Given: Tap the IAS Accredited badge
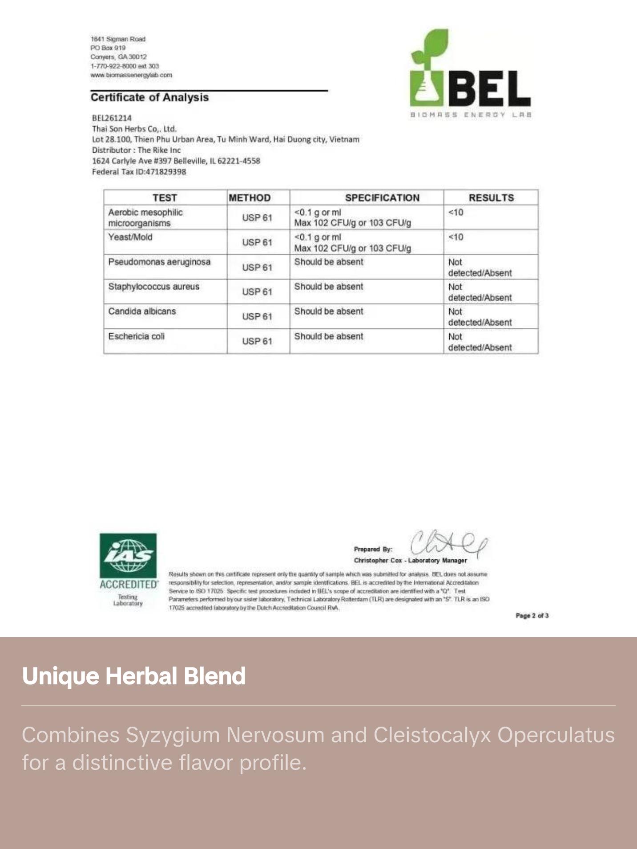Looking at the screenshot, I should pyautogui.click(x=128, y=569).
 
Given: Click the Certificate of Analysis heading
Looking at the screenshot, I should pyautogui.click(x=149, y=97).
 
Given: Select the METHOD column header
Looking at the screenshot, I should pyautogui.click(x=250, y=198).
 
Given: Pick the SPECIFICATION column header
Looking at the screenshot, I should pyautogui.click(x=382, y=198).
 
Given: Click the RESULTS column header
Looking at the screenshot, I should pyautogui.click(x=491, y=198).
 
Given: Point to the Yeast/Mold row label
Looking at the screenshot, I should pyautogui.click(x=130, y=237).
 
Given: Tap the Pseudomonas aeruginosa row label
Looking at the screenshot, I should pyautogui.click(x=159, y=262).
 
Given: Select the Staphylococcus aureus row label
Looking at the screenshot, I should pyautogui.click(x=153, y=287).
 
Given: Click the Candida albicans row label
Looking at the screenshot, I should pyautogui.click(x=142, y=311).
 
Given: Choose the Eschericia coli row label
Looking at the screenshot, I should pyautogui.click(x=136, y=336).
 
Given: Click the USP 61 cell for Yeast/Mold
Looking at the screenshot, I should pyautogui.click(x=257, y=243).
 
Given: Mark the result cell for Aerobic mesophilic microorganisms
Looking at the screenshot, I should pyautogui.click(x=456, y=212).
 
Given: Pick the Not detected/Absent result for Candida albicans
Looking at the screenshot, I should pyautogui.click(x=480, y=317).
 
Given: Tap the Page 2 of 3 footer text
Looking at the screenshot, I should pyautogui.click(x=532, y=616).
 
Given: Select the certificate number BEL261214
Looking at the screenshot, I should pyautogui.click(x=112, y=118).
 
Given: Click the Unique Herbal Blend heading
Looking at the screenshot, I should pyautogui.click(x=133, y=676).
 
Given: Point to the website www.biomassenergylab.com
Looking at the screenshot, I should pyautogui.click(x=131, y=75).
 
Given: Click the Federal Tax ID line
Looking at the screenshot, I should pyautogui.click(x=139, y=172).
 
